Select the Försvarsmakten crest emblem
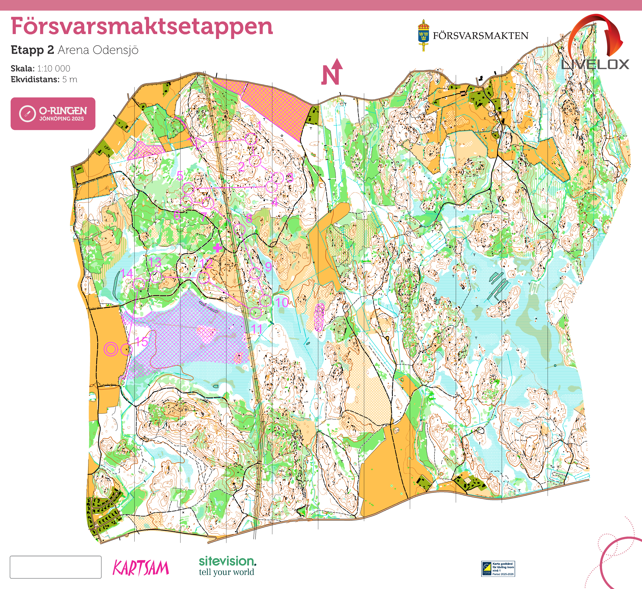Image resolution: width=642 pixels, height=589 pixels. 423,35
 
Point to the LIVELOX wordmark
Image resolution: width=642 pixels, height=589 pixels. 595,65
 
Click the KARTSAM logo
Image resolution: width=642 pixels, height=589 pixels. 141,568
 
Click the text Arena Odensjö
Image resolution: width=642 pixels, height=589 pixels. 98,50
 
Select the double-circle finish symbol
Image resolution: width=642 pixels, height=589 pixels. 111,349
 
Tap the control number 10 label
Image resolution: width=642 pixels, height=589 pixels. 282,302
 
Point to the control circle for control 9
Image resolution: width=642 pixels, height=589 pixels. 255,273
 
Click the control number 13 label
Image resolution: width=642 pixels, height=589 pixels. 155,263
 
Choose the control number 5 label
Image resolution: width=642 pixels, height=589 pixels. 180,176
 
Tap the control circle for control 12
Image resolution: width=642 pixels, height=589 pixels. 204,278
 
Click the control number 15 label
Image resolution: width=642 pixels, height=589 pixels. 142,342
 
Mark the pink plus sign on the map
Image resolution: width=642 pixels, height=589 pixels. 218,248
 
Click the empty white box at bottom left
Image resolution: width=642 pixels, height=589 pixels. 56,567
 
